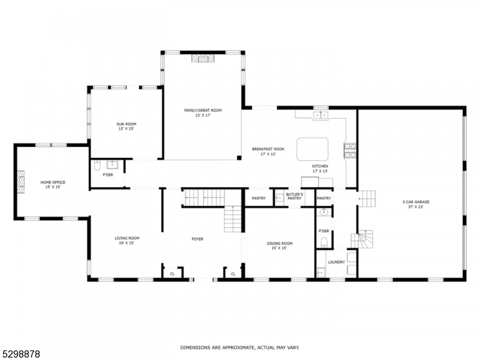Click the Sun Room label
coord(126,126)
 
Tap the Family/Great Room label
coord(203,112)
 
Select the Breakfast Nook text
coord(268,151)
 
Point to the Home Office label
coord(53,184)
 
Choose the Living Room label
coord(127,240)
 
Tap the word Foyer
coord(197,239)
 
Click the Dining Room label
coord(280,245)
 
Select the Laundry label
coord(336,262)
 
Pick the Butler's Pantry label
coord(295,196)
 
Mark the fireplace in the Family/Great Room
coord(203,58)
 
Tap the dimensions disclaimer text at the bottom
coord(240,347)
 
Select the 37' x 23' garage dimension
coord(415,207)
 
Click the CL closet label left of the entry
coord(172,274)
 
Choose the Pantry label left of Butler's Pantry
coord(259,198)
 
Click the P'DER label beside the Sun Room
coord(108,175)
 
